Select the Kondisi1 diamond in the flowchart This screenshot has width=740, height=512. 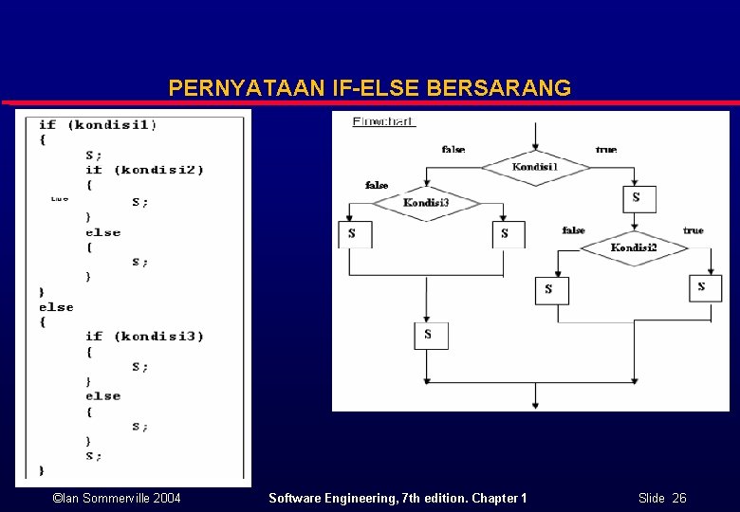point(535,167)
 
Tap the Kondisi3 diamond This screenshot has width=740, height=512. point(426,203)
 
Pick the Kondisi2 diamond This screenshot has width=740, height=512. point(634,248)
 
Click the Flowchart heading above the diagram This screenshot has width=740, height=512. point(384,121)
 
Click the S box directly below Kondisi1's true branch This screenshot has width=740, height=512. point(636,197)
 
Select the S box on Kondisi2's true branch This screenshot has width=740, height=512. point(703,287)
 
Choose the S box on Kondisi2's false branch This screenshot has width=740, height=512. point(549,289)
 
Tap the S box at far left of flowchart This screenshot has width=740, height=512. point(352,233)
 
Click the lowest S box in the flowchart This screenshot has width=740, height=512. point(429,335)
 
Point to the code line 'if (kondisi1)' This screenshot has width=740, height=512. point(98,124)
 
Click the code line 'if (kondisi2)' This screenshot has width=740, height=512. point(144,170)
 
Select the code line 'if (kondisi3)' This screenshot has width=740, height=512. point(144,336)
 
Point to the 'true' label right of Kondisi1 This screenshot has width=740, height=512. point(606,149)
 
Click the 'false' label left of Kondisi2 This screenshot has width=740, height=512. point(573,230)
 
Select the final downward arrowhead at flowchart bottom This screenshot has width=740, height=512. point(535,405)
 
